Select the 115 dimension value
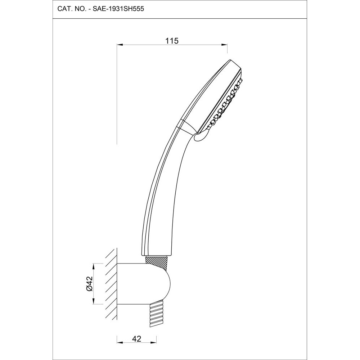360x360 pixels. coord(172,41)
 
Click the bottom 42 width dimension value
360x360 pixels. coord(136,338)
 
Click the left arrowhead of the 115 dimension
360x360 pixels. coord(120,45)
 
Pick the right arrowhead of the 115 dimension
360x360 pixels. coord(225,45)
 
